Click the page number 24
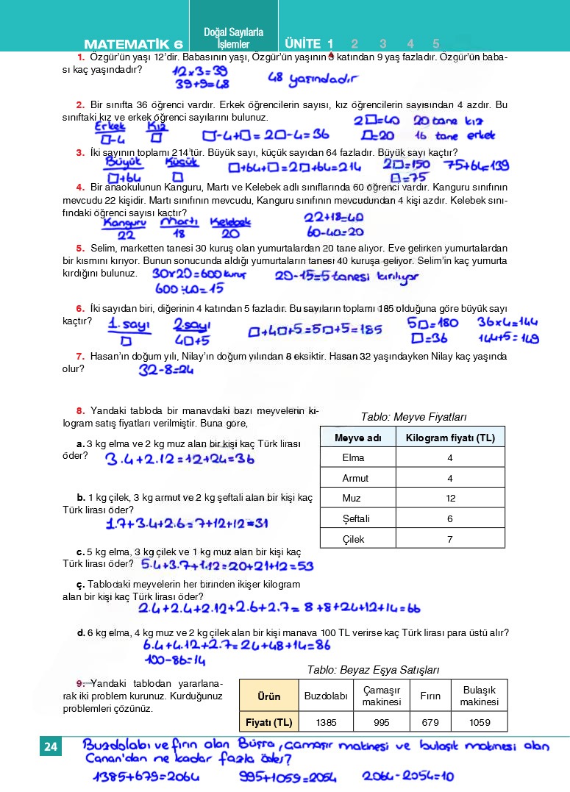click(51, 748)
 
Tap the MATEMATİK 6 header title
click(133, 43)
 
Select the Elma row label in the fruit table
click(354, 457)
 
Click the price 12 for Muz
click(450, 498)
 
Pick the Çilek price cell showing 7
click(450, 539)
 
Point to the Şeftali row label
click(356, 518)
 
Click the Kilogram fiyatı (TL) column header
click(450, 438)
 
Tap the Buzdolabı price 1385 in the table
click(326, 722)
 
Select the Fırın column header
click(430, 696)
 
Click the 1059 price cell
click(480, 722)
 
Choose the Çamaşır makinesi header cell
click(381, 696)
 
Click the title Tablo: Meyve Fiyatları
click(413, 417)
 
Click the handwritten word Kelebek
click(230, 221)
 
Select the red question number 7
click(79, 356)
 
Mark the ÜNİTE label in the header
click(302, 43)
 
